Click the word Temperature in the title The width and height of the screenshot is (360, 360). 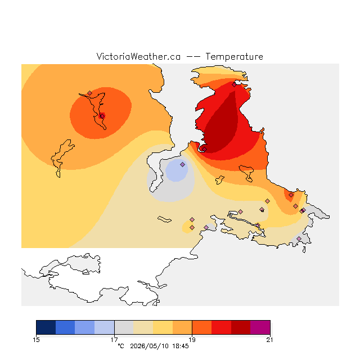(234, 56)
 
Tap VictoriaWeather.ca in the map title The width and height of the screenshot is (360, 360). (138, 56)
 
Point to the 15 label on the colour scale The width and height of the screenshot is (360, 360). (36, 340)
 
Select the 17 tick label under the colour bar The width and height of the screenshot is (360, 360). (114, 340)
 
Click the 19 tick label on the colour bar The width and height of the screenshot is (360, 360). (192, 340)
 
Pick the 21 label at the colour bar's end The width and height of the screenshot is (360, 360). (269, 340)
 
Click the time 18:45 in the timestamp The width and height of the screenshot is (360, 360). (181, 346)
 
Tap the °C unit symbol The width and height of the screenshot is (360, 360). (121, 346)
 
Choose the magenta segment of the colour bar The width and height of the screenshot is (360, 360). (260, 327)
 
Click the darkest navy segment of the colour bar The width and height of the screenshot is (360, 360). (46, 327)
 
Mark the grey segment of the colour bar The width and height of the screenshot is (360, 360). (124, 327)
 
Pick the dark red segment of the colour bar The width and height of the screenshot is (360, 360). (241, 327)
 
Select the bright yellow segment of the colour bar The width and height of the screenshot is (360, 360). (163, 327)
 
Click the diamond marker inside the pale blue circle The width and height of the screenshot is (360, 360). (182, 164)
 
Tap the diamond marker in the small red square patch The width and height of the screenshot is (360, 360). (102, 116)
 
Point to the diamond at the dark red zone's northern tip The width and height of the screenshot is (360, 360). (234, 85)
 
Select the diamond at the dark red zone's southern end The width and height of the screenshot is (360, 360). (204, 149)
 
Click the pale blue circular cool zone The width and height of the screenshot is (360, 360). (176, 171)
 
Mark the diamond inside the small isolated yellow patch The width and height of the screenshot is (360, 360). (192, 227)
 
